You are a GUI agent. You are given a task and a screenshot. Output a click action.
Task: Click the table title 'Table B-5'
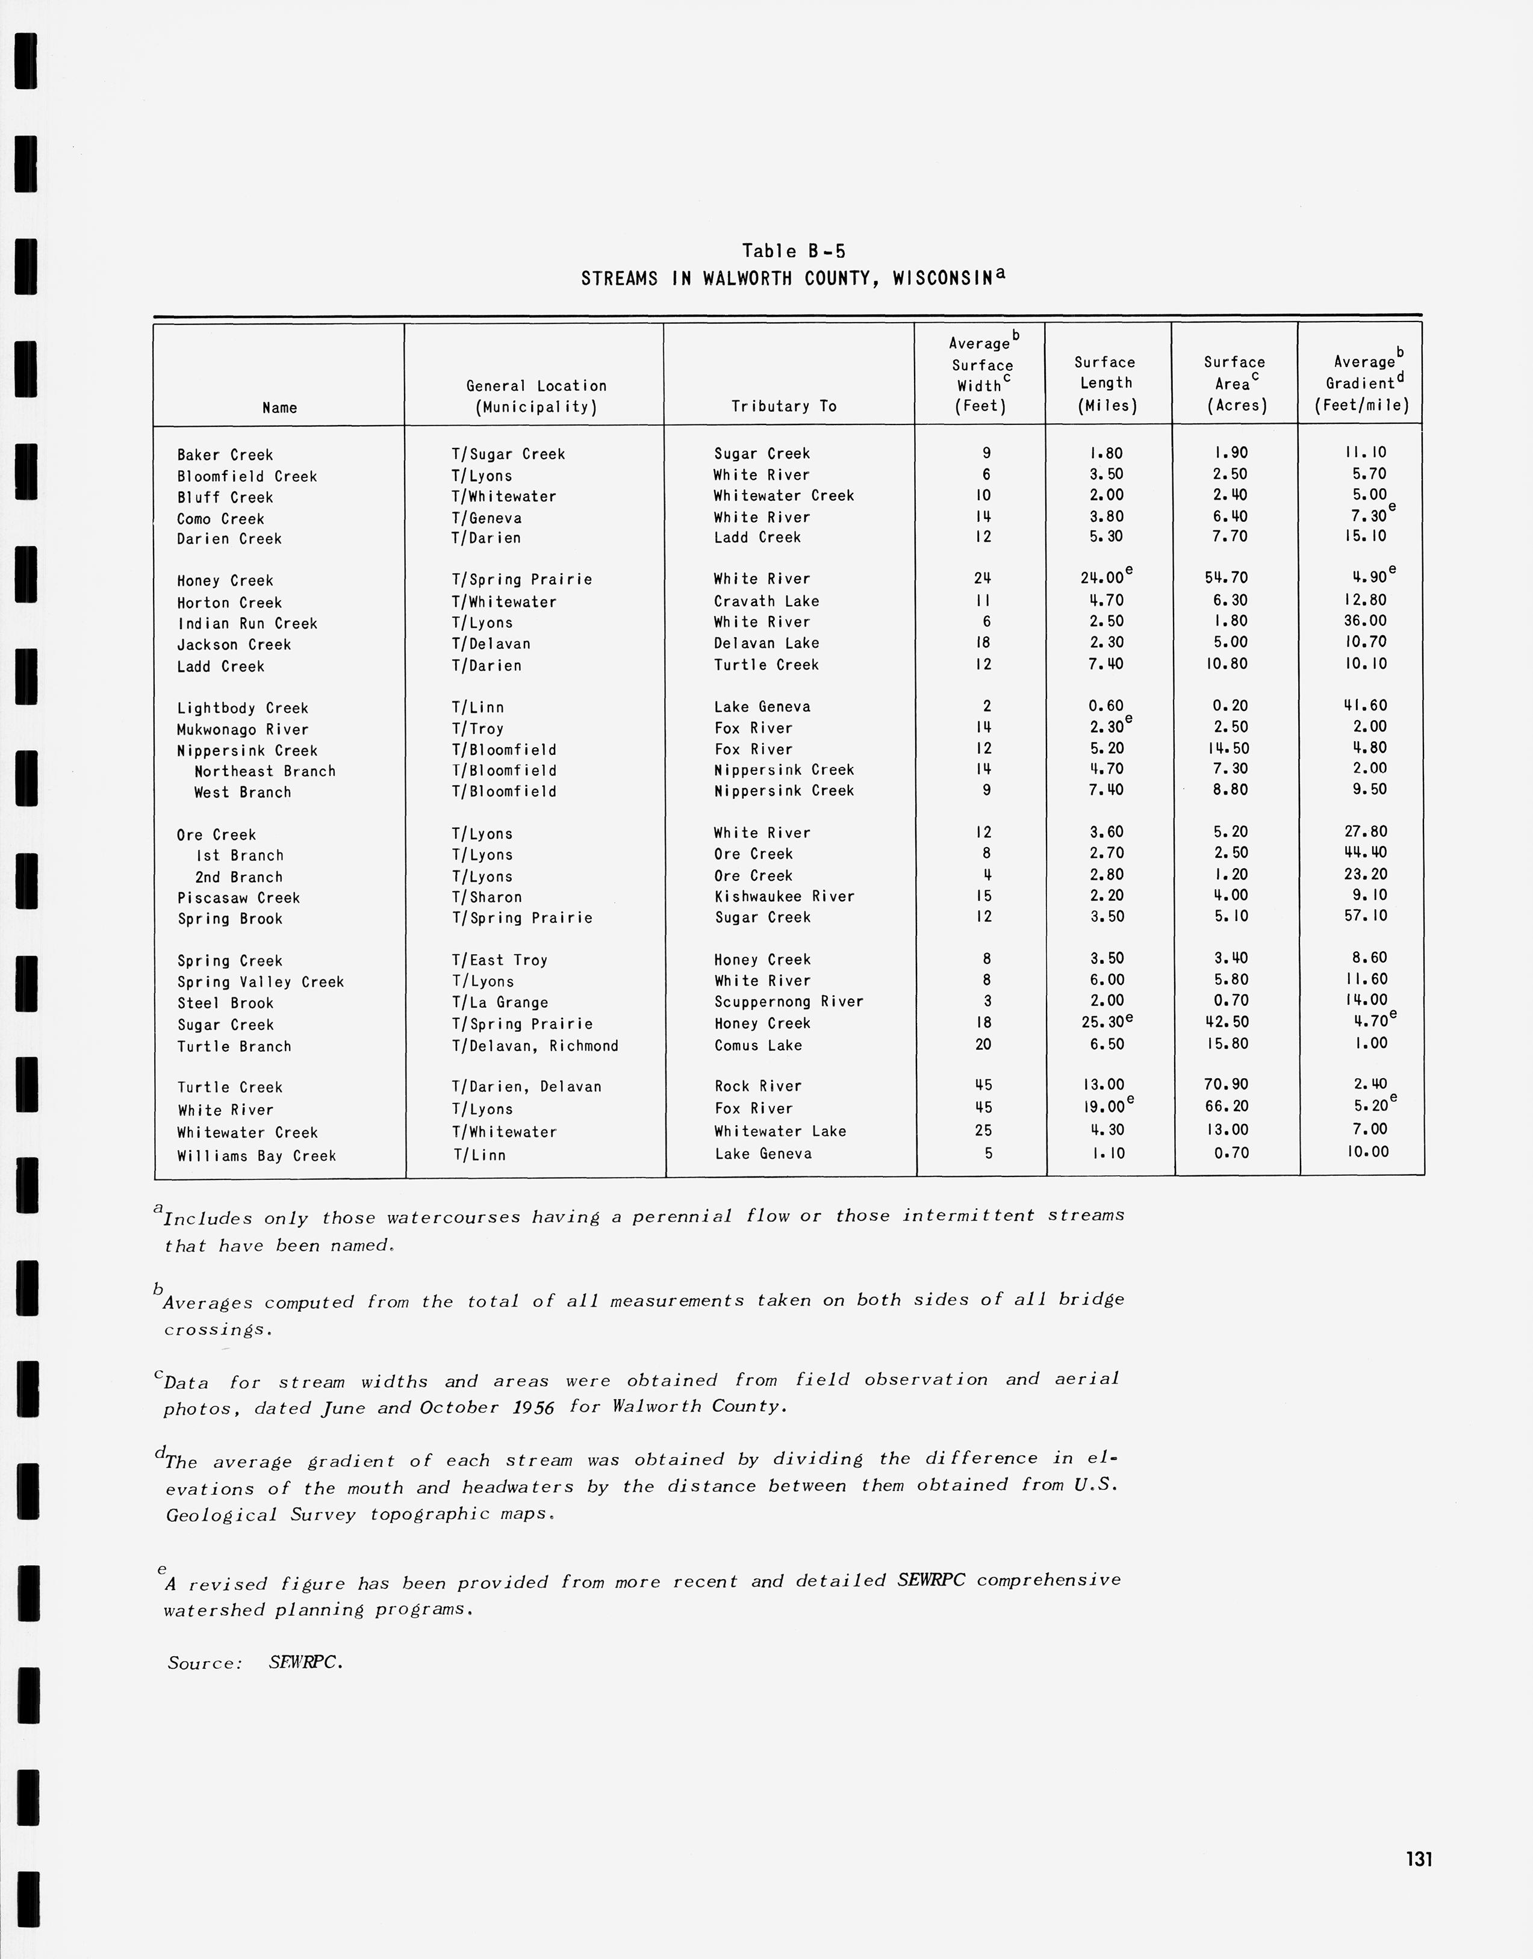794,251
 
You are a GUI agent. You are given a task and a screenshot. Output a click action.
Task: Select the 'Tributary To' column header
783,406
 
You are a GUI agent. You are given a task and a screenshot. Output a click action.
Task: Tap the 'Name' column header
279,408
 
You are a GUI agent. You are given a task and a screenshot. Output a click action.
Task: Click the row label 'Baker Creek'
225,455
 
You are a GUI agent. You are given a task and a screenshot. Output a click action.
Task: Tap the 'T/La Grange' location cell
499,1002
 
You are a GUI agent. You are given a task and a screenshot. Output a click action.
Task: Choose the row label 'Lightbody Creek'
242,708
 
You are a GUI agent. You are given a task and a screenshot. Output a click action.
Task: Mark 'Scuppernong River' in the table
788,1002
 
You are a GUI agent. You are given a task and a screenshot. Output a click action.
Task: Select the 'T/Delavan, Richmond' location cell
535,1046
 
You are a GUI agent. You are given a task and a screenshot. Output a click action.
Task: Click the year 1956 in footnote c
533,1407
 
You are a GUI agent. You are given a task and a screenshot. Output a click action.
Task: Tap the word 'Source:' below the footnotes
205,1663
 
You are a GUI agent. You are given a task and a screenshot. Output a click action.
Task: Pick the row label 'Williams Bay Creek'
256,1156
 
